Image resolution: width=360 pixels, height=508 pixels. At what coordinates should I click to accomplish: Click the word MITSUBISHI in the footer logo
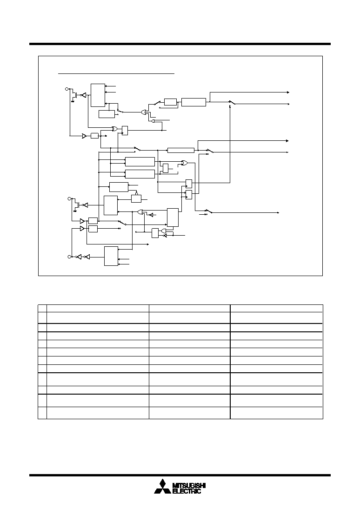click(189, 486)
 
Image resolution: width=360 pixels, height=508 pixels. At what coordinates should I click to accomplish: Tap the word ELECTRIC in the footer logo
click(187, 491)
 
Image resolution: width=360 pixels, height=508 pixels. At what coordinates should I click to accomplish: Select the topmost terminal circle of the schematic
click(67, 88)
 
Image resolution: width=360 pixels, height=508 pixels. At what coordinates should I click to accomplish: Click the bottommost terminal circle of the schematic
click(69, 257)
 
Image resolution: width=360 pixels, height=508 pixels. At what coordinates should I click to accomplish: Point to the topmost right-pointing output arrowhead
click(288, 92)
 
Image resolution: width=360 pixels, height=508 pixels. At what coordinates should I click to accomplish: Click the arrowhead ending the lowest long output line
click(278, 212)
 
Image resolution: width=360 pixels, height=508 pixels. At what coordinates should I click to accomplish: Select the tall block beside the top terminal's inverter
click(98, 95)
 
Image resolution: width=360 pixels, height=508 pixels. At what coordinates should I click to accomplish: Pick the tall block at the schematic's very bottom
click(111, 256)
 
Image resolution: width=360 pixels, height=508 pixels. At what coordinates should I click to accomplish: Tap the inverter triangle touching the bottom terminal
click(78, 257)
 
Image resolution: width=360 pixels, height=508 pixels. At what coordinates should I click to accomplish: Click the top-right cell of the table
click(277, 308)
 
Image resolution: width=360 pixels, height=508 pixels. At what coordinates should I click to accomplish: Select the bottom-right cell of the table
click(277, 413)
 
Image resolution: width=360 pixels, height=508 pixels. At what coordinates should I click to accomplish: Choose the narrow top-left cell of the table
click(42, 308)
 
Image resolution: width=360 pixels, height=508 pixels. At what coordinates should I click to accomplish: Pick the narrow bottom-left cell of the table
click(42, 413)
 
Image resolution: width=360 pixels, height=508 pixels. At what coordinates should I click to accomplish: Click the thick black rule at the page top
click(180, 44)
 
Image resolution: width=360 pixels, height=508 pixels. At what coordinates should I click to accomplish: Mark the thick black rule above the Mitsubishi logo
click(180, 475)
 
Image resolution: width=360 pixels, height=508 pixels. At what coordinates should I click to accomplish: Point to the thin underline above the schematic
click(116, 73)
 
